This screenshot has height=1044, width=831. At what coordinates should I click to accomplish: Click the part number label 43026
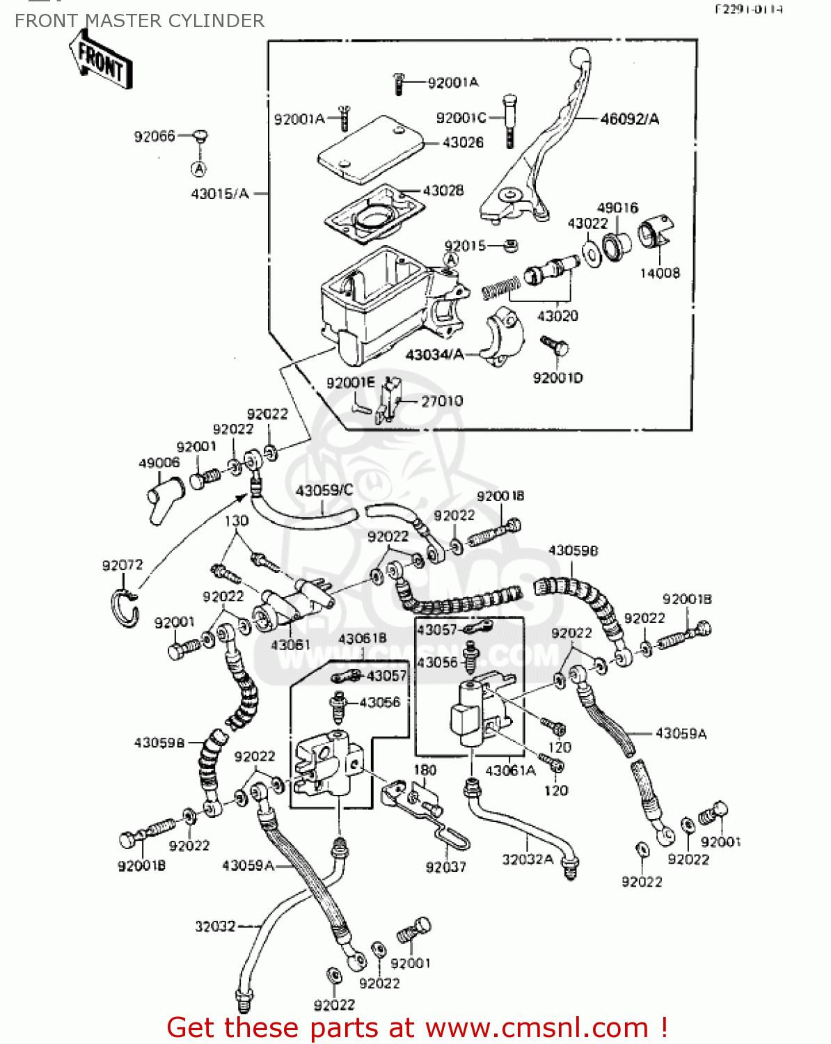tap(463, 143)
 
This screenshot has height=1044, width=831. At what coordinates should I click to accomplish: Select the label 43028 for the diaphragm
tap(443, 191)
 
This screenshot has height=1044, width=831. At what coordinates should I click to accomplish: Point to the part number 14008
tap(659, 274)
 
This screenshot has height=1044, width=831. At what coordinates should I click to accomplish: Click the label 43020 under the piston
tap(557, 316)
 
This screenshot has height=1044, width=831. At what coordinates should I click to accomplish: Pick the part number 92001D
tap(557, 378)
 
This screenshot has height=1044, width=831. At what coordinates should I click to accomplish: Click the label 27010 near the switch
tap(441, 401)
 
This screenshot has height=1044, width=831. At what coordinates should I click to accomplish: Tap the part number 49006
tap(159, 463)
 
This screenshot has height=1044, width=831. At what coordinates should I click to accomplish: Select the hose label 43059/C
tap(324, 490)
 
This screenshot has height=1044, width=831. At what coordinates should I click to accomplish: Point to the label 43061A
tap(510, 770)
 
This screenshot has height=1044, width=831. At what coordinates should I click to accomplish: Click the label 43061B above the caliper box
tap(362, 638)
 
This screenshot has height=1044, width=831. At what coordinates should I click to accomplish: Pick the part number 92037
tap(445, 867)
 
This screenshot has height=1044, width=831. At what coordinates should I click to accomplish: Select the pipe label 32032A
tap(528, 860)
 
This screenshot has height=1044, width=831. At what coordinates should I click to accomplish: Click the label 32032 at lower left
tap(215, 926)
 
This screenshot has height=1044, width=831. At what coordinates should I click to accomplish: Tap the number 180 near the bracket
tap(425, 770)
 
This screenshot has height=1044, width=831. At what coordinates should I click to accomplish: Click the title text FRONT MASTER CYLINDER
tap(139, 21)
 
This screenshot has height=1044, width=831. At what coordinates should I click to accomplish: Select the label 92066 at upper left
tap(154, 136)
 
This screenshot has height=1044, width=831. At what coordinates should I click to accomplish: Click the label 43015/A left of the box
tap(219, 193)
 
